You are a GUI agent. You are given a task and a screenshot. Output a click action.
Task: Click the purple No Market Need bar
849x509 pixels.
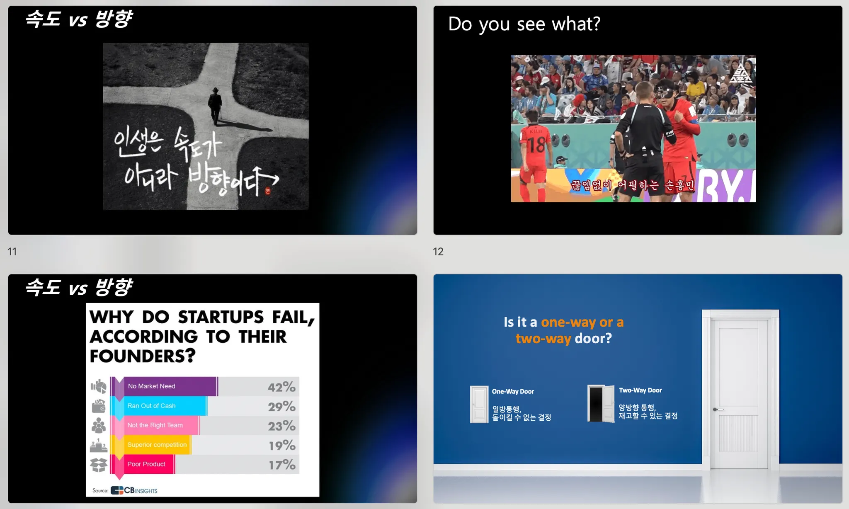click(164, 386)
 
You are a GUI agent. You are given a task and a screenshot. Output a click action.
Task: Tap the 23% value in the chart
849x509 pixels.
click(281, 426)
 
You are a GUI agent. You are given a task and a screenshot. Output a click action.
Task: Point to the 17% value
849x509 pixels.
click(282, 465)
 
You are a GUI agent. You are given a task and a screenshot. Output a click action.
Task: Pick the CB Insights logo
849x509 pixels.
click(134, 490)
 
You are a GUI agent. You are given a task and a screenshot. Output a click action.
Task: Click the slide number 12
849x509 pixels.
click(438, 252)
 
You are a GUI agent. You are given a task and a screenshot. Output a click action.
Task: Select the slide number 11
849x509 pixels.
click(12, 252)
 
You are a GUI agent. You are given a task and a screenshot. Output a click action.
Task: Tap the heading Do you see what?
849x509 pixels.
click(524, 24)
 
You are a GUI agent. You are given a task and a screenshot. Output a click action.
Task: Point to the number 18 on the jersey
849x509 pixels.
click(536, 145)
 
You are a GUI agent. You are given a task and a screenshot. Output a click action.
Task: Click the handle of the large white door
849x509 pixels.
click(717, 410)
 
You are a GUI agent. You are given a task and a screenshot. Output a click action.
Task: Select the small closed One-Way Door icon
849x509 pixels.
click(479, 405)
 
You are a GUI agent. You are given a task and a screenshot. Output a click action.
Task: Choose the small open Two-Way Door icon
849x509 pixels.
click(601, 404)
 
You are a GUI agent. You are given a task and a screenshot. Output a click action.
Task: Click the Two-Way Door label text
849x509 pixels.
click(640, 390)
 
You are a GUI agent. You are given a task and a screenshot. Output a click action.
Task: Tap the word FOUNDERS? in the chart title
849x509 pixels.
click(143, 356)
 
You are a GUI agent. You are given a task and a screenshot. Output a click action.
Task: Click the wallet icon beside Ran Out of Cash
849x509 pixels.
click(99, 406)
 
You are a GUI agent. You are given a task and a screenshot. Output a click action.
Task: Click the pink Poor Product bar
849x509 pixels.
click(143, 464)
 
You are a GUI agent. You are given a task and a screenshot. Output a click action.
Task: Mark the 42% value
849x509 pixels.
click(281, 387)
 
